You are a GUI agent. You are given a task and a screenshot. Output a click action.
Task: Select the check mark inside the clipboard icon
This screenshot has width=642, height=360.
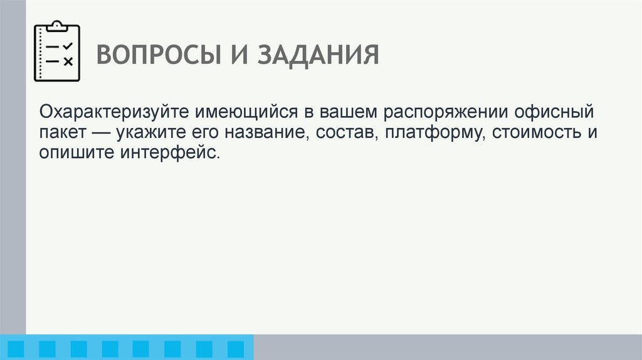pos(68,46)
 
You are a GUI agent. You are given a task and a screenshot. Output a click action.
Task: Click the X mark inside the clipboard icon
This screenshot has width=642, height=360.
pos(68,61)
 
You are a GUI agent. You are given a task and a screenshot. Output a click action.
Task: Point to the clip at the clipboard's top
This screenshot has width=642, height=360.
pos(57,26)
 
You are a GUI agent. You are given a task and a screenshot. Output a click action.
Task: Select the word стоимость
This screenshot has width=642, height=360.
pos(539,134)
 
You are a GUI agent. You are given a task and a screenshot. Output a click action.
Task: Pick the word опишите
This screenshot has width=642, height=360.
pos(75,152)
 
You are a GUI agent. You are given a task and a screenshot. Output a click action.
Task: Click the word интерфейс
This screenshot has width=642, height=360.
pos(169,152)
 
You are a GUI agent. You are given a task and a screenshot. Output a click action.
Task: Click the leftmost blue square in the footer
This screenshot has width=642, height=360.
pos(16,349)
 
